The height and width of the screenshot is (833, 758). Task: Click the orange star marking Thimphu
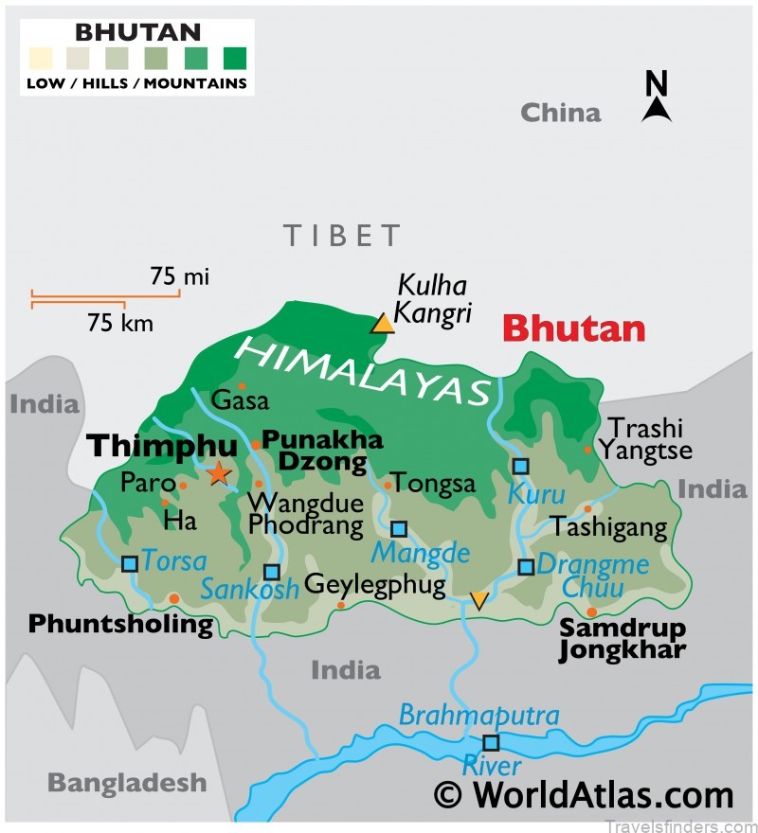click(x=219, y=472)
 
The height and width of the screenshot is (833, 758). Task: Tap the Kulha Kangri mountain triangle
click(x=382, y=324)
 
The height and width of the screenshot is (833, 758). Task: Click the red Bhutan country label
click(x=573, y=329)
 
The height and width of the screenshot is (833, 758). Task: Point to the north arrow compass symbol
click(x=657, y=98)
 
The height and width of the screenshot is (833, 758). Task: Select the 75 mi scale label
click(x=179, y=276)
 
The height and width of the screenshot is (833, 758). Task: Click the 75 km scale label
click(x=119, y=323)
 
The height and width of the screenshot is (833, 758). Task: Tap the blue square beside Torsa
click(x=130, y=563)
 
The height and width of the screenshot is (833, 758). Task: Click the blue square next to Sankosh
click(x=271, y=572)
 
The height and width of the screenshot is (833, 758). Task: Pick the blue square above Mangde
click(x=399, y=528)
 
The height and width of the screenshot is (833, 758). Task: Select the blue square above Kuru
click(x=520, y=466)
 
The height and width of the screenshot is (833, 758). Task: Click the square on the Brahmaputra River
click(x=491, y=742)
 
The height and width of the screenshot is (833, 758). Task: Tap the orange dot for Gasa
click(x=242, y=386)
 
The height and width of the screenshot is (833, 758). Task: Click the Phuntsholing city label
click(x=120, y=625)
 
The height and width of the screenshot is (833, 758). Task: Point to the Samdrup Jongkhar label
click(x=622, y=639)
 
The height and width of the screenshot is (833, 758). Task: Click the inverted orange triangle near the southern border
click(x=479, y=600)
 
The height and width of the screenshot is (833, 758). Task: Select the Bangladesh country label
click(x=127, y=783)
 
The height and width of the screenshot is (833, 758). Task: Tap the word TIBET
click(x=342, y=235)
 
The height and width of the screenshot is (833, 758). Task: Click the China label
click(x=560, y=114)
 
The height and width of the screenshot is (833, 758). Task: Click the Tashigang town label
click(x=609, y=527)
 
